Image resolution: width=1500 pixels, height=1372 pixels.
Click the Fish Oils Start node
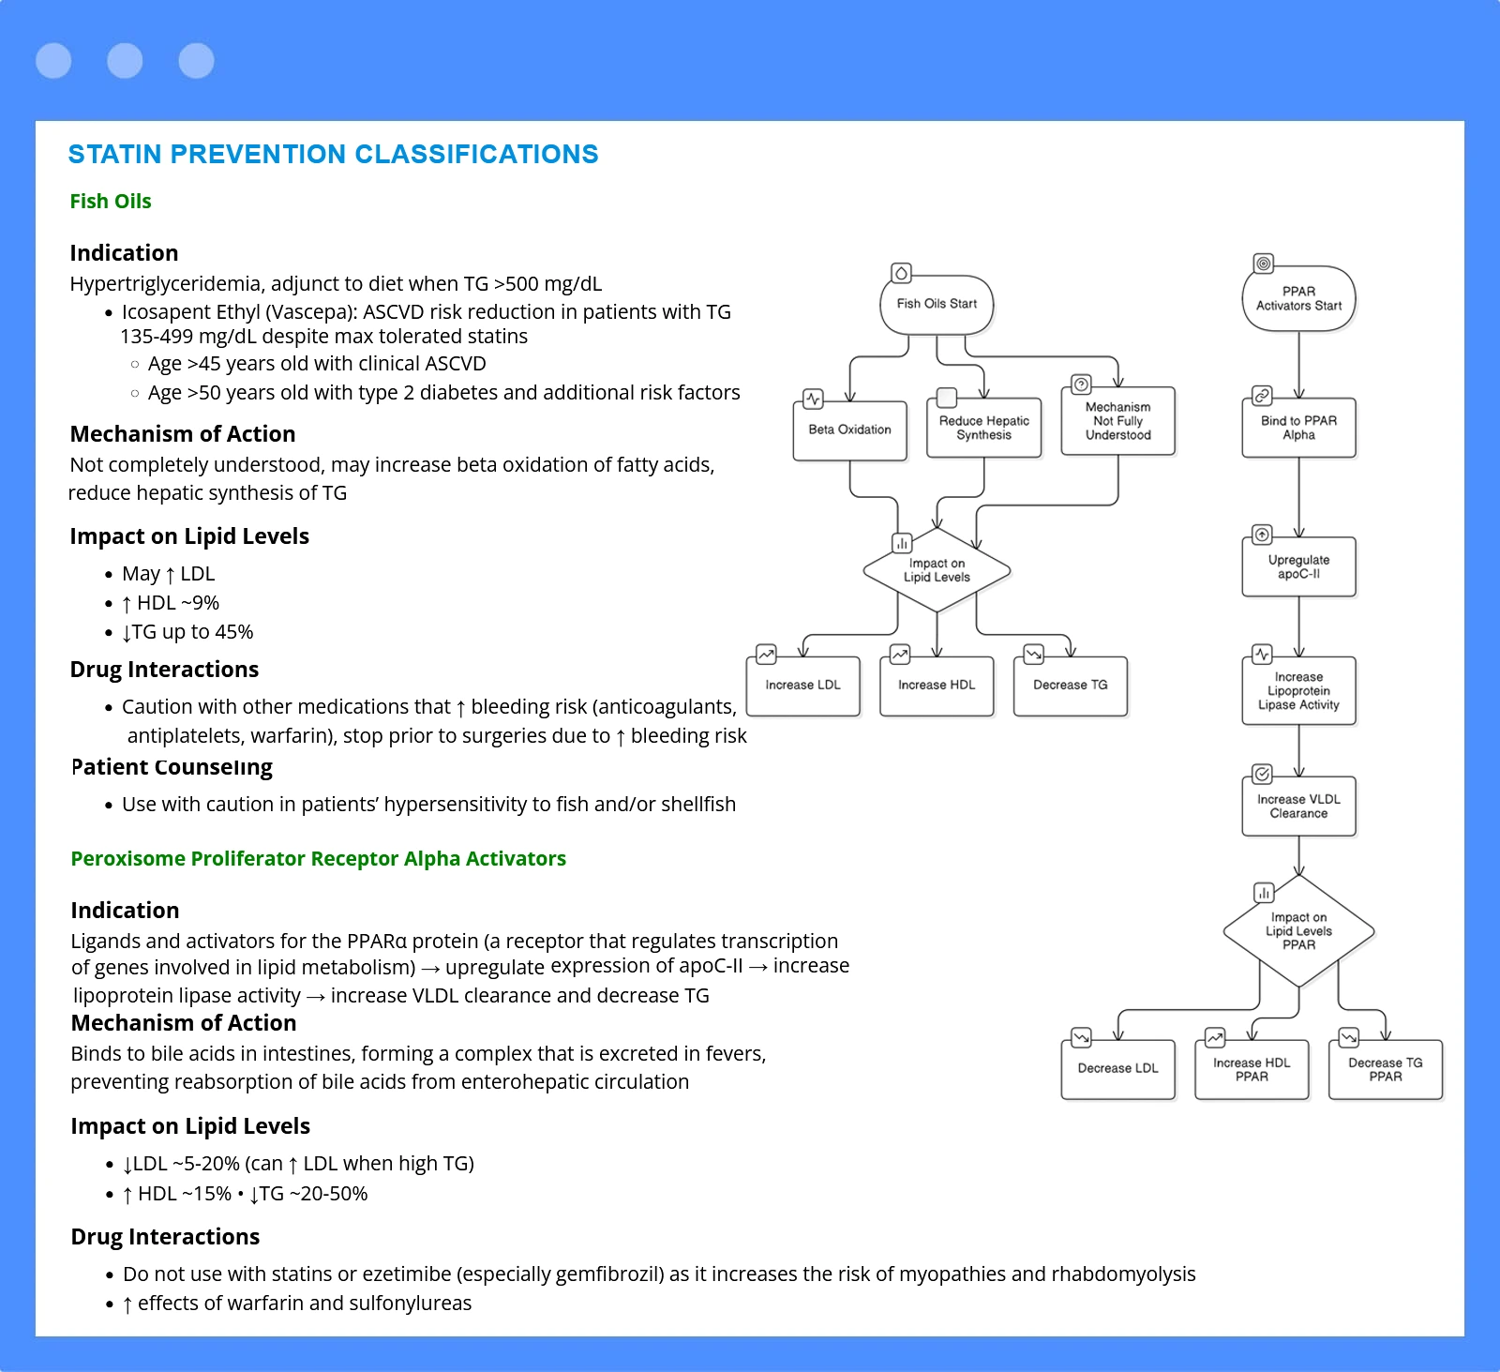coord(937,304)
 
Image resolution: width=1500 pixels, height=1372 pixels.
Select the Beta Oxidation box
coord(850,430)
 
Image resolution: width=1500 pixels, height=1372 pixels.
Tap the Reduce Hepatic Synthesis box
coord(983,429)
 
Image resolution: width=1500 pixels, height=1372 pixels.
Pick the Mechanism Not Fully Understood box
coord(1117,421)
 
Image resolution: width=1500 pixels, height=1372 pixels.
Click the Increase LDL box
coord(803,686)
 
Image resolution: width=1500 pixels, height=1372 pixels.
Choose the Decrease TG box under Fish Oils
coord(1071,686)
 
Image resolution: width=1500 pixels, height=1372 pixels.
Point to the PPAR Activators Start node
coord(1298,298)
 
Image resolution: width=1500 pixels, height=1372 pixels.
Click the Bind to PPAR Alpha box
coord(1298,428)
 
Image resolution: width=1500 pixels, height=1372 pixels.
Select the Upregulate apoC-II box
coord(1298,566)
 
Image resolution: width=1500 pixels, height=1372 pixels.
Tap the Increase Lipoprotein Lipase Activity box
coord(1298,691)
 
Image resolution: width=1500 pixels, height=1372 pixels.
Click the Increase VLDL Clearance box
coord(1298,806)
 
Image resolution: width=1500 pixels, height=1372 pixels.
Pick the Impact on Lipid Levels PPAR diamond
coord(1298,931)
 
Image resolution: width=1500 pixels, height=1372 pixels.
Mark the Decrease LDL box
coord(1117,1069)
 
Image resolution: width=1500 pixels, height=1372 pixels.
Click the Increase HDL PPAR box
coord(1252,1069)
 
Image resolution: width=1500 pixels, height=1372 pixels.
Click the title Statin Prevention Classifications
coord(333,155)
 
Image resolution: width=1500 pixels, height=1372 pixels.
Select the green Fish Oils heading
coord(111,202)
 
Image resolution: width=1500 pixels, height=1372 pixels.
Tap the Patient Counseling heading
coord(172,768)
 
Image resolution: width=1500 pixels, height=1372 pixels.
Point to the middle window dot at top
coord(125,61)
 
